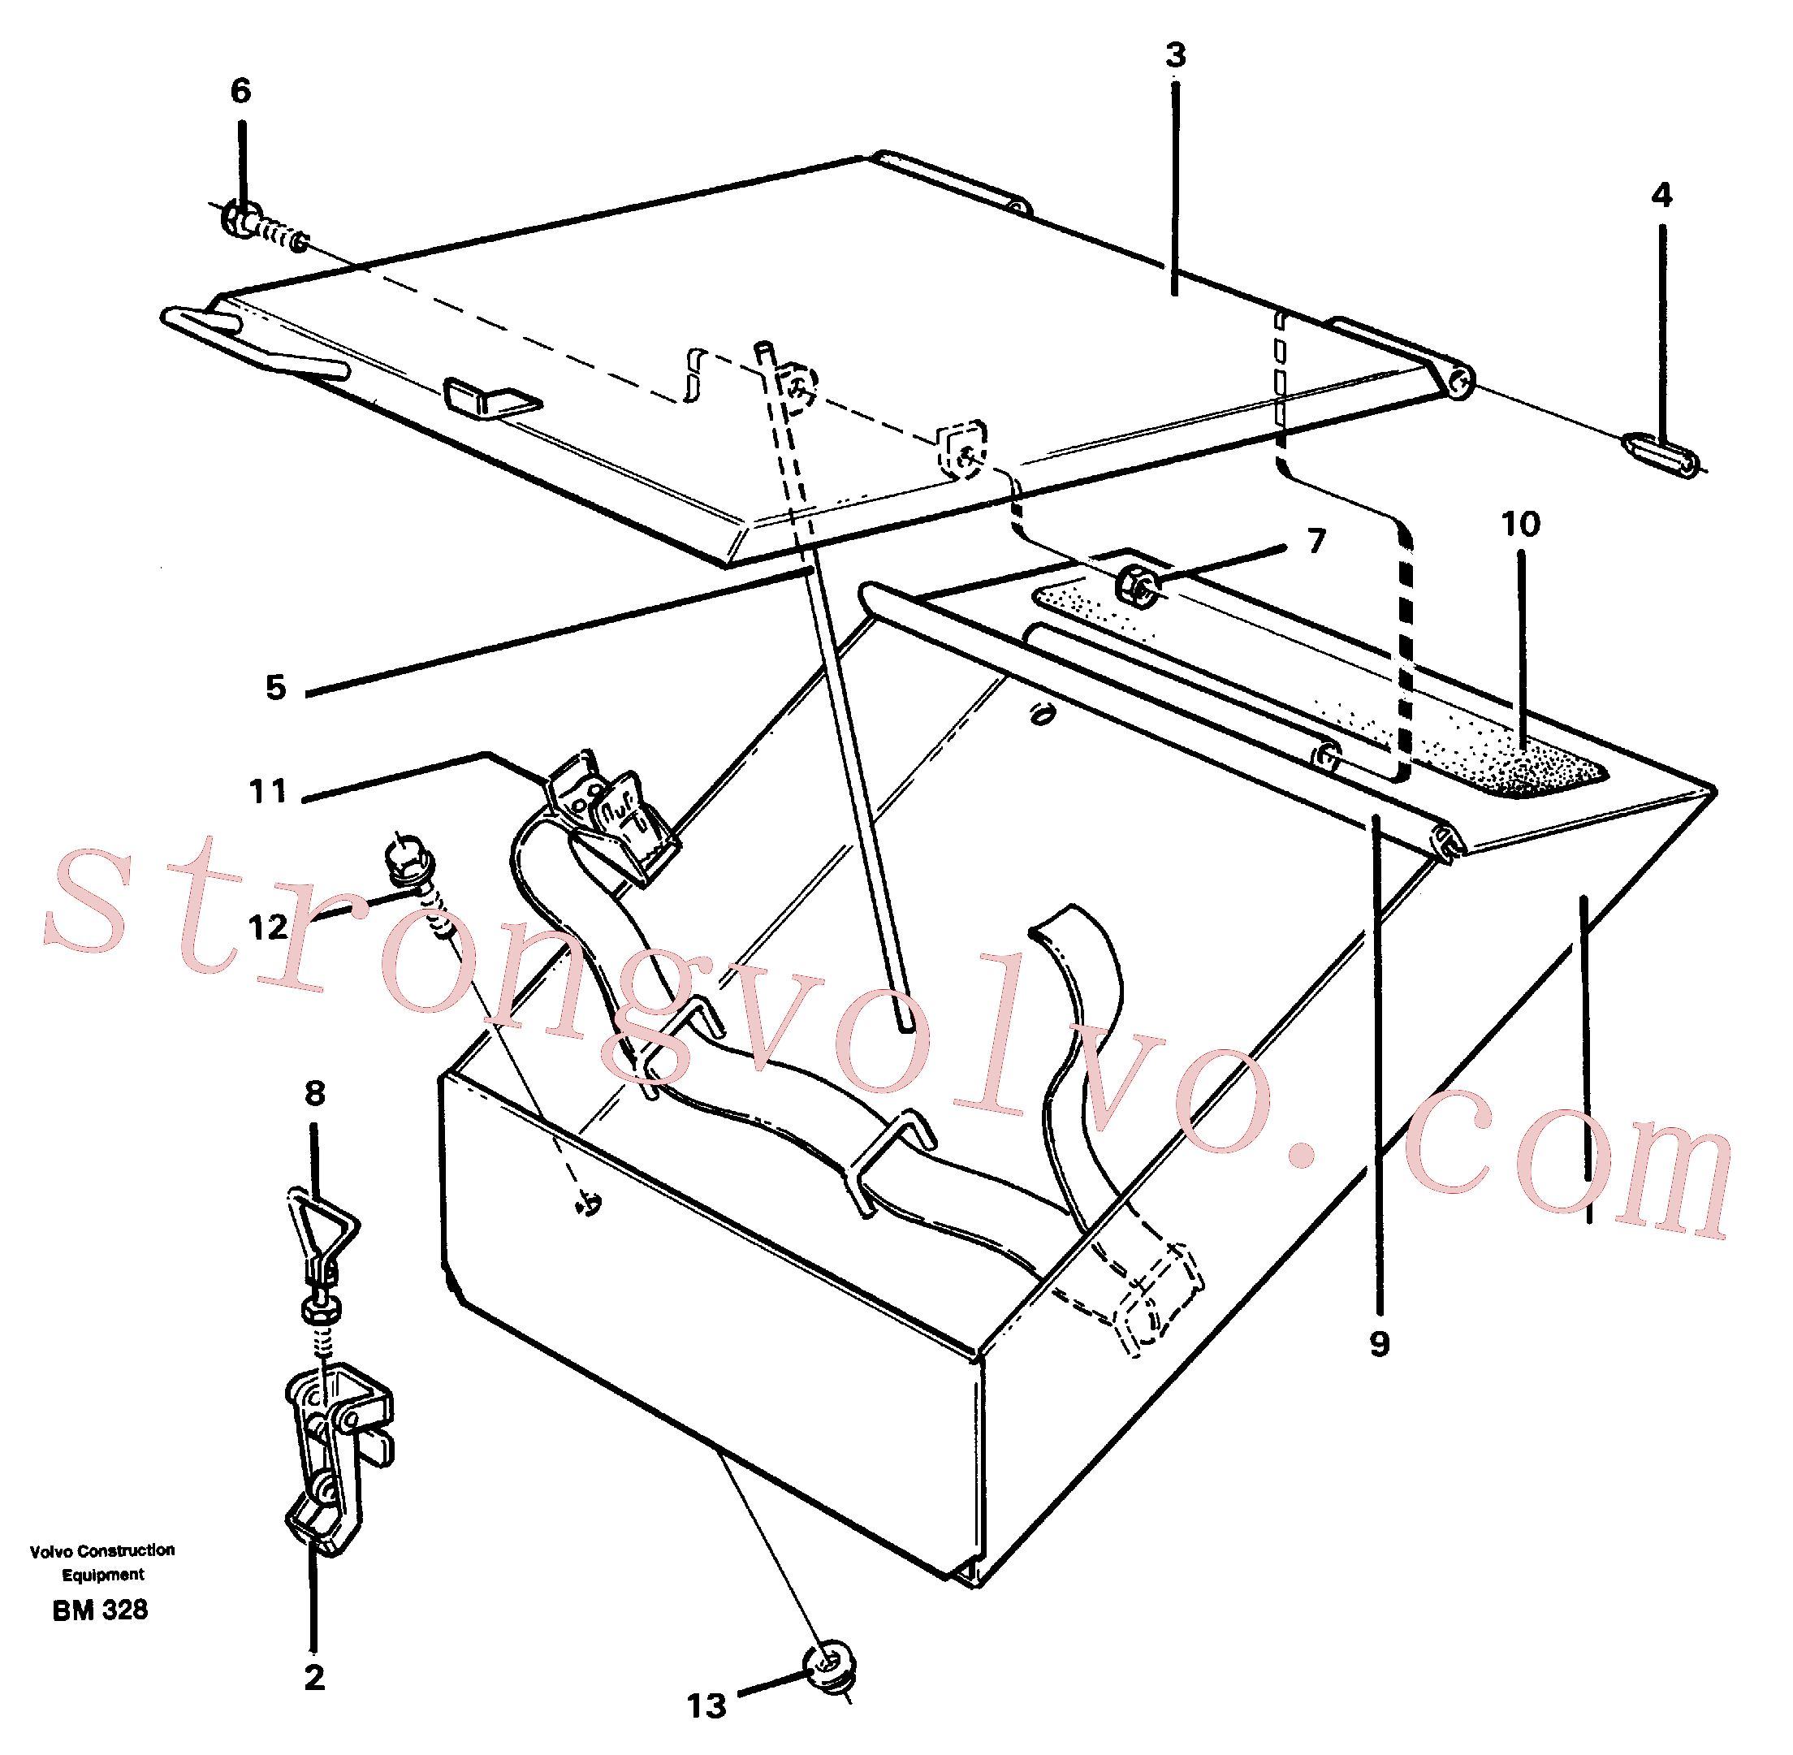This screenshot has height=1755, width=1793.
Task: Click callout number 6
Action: tap(240, 90)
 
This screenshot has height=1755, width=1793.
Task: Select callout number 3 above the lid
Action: tap(1175, 55)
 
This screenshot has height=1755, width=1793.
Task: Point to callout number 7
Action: tap(1316, 540)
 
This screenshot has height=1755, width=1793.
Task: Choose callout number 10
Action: tap(1520, 525)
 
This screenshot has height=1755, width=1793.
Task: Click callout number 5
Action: tap(275, 687)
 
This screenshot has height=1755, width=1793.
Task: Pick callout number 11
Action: tap(268, 791)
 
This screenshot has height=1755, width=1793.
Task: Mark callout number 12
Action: tap(268, 927)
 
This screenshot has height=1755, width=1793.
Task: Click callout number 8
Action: tap(315, 1093)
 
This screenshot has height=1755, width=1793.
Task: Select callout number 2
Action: tap(314, 1678)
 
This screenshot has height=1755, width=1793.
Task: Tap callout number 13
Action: tap(707, 1706)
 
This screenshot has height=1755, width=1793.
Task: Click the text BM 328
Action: tap(101, 1610)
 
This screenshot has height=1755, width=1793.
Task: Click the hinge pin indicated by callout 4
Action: tap(1661, 456)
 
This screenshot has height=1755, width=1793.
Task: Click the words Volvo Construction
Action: tap(102, 1550)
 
